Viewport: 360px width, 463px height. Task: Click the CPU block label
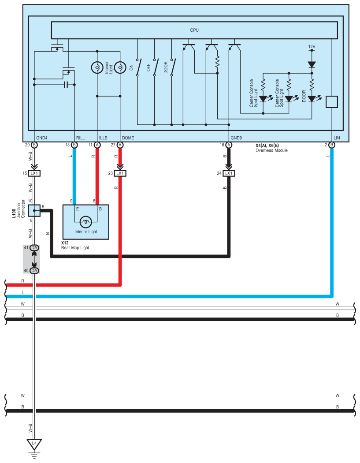(x=194, y=30)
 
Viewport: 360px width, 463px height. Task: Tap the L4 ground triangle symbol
(x=34, y=443)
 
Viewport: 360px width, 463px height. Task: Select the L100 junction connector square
(x=34, y=210)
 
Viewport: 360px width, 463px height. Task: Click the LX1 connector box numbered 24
(x=229, y=173)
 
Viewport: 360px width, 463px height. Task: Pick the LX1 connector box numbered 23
(x=120, y=173)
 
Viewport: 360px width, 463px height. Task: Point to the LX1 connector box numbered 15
(x=34, y=173)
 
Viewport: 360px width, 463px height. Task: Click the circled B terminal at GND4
(x=34, y=145)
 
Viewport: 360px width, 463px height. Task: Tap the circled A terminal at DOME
(x=120, y=145)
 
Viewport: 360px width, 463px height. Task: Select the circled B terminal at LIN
(x=331, y=145)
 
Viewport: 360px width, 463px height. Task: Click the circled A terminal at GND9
(x=229, y=145)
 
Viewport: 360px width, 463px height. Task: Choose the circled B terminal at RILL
(x=74, y=145)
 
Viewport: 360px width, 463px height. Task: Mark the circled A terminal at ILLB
(x=97, y=145)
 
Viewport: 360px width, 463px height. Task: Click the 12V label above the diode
(x=312, y=46)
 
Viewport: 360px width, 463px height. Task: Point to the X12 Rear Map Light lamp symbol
(x=86, y=222)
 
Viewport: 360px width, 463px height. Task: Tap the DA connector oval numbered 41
(x=34, y=248)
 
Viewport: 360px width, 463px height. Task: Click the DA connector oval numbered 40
(x=34, y=270)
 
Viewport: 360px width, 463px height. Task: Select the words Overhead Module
(x=271, y=150)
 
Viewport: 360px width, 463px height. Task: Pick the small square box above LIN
(x=331, y=102)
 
